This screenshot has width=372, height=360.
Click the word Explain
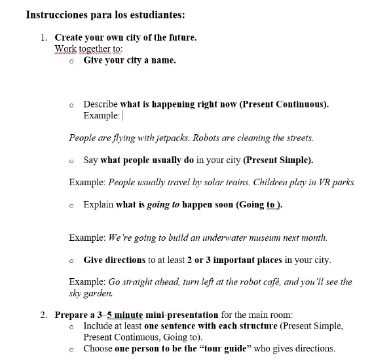click(98, 205)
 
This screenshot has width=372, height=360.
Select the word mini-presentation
click(181, 315)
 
